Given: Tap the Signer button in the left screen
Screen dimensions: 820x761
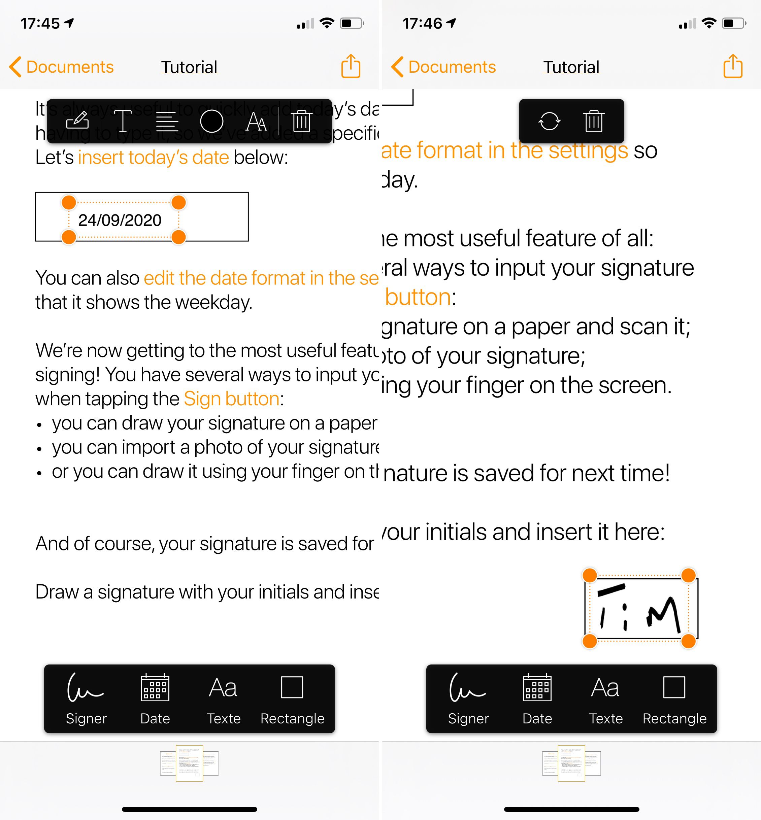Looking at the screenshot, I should [86, 698].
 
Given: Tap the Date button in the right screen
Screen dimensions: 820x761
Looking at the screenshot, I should [537, 698].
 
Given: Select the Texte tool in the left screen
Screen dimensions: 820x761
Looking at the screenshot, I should [223, 698].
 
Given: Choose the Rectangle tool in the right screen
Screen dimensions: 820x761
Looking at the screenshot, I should [674, 698].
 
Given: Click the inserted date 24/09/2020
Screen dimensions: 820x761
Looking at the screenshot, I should [120, 220].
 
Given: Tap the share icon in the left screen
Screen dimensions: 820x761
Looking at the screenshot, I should [351, 66].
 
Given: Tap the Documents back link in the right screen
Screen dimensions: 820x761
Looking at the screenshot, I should [444, 67].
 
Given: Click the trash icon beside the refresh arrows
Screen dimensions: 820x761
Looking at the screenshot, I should [593, 121].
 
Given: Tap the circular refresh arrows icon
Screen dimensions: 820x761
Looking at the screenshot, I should [549, 121].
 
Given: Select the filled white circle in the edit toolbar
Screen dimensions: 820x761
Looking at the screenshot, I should [212, 121].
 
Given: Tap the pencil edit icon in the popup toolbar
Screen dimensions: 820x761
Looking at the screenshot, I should [77, 121].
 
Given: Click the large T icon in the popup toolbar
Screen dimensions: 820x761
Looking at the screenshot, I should [122, 121].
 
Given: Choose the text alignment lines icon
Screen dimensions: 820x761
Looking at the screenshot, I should [167, 122].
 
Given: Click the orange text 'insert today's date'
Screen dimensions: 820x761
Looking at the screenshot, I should [153, 157].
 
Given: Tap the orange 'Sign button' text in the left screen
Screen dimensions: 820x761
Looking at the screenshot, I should [231, 399].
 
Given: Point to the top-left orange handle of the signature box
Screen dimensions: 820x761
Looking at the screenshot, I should [590, 575].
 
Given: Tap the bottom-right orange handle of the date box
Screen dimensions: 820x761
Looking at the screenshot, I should [178, 237].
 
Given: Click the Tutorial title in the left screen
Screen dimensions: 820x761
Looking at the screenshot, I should [189, 67].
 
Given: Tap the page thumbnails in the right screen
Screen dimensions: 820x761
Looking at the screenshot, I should [571, 763].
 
